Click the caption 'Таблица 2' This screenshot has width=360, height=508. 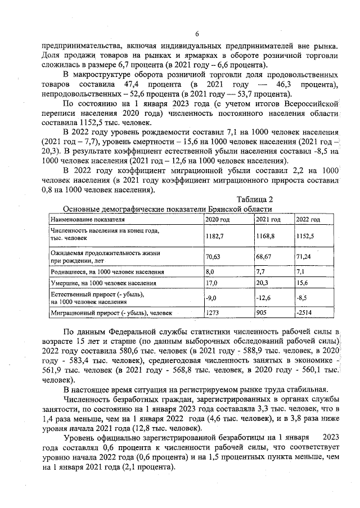(254, 199)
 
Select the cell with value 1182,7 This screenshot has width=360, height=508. (215, 237)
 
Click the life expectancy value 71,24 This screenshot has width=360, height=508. (304, 256)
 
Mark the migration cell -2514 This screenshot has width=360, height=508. (304, 312)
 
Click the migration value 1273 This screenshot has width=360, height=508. (213, 312)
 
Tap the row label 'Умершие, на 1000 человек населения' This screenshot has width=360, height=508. (103, 283)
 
